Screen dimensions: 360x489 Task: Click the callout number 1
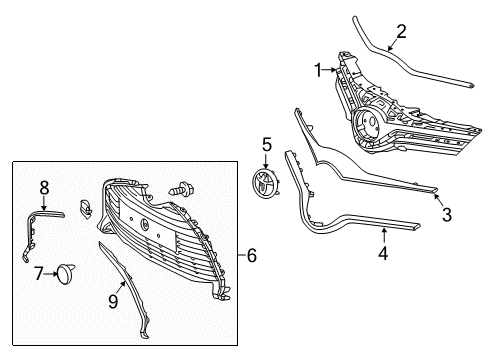319,71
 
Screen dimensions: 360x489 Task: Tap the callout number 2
400,31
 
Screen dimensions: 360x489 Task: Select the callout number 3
446,214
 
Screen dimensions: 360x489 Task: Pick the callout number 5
267,145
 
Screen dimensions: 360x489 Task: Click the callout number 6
251,256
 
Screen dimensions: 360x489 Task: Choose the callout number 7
39,272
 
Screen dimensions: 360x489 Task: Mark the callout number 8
44,187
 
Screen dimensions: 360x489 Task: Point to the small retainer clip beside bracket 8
86,207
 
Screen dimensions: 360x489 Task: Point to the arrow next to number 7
52,271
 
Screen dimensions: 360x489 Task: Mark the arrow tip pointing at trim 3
434,197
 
